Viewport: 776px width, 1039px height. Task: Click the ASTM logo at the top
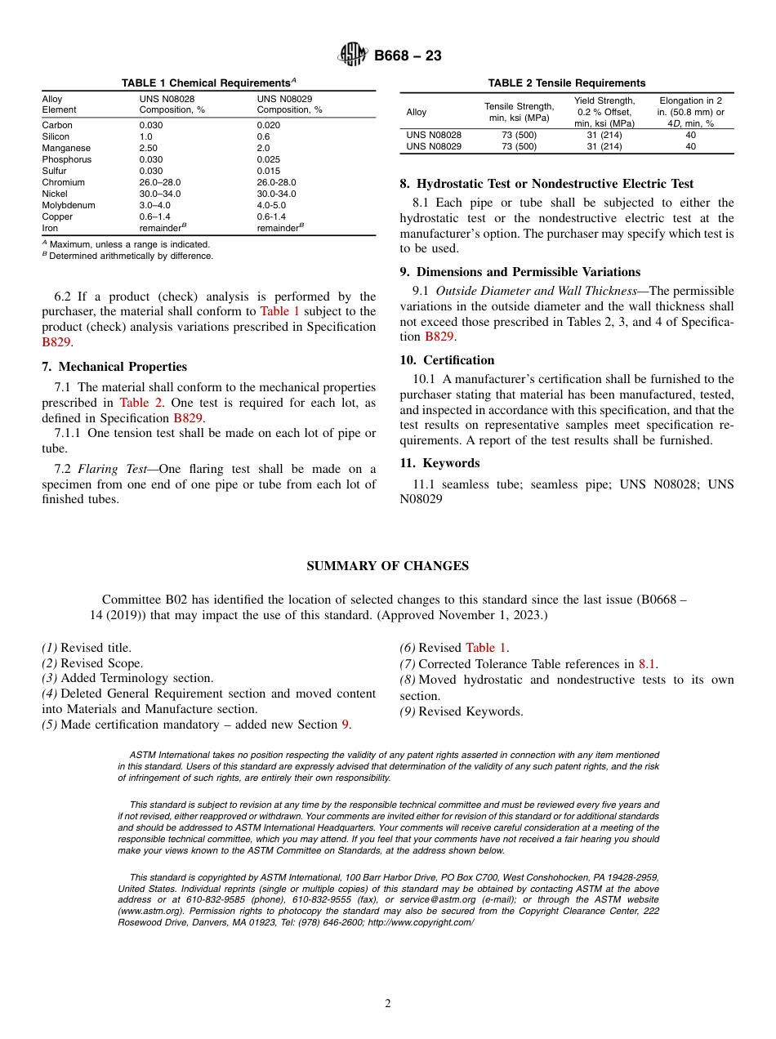[x=353, y=56]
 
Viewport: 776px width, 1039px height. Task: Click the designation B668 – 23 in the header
[x=408, y=56]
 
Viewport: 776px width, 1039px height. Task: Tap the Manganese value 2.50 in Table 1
[x=149, y=148]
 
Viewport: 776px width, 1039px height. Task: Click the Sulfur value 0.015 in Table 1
[x=270, y=171]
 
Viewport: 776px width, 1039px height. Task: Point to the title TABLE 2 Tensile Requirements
[x=566, y=83]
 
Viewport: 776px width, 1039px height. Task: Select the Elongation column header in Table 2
[x=690, y=112]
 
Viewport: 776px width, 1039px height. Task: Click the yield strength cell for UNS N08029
[x=604, y=146]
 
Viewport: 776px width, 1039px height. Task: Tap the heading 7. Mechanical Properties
[x=114, y=367]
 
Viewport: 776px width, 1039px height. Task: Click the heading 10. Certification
[x=447, y=360]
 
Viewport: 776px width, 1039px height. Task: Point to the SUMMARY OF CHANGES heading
[x=387, y=566]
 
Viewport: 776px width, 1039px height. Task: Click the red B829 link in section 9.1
[x=439, y=337]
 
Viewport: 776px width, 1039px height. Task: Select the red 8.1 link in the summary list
[x=647, y=664]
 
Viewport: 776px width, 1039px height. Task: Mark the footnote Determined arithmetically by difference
[x=131, y=256]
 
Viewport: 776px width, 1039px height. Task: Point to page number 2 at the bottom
[x=388, y=1004]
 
